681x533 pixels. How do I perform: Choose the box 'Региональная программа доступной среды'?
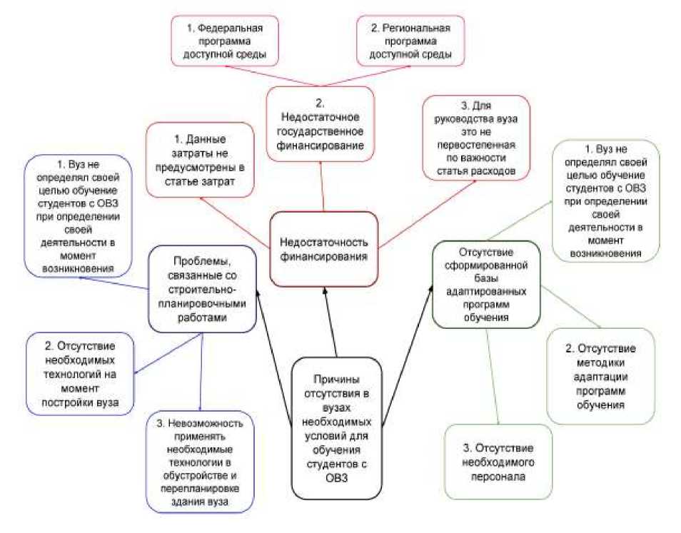410,40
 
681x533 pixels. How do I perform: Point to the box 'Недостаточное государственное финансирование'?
321,123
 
